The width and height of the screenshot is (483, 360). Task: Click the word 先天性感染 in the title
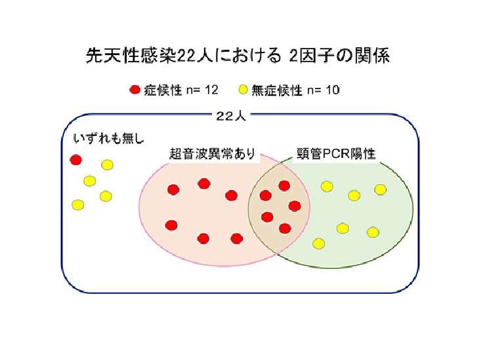click(x=131, y=56)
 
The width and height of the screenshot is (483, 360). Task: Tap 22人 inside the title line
click(x=196, y=56)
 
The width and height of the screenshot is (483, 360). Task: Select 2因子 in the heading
click(x=312, y=56)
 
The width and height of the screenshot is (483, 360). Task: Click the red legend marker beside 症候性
click(x=135, y=90)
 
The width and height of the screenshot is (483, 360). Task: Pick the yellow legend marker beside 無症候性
click(x=243, y=90)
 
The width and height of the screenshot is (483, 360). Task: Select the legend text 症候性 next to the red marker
click(x=163, y=90)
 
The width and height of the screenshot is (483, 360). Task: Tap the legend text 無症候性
click(x=277, y=90)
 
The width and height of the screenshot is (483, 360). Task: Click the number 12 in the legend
click(x=211, y=90)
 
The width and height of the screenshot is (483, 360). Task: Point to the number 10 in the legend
click(x=332, y=90)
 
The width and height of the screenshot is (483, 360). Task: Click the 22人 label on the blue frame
click(x=231, y=115)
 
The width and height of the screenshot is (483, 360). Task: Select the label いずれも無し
click(x=109, y=138)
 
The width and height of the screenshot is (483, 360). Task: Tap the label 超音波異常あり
click(x=212, y=153)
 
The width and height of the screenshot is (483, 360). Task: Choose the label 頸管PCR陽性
click(x=336, y=153)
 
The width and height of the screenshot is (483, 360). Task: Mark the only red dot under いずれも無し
click(x=75, y=160)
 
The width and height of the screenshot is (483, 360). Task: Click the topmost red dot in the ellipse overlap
click(x=284, y=186)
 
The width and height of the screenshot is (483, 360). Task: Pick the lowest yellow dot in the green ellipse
click(x=319, y=244)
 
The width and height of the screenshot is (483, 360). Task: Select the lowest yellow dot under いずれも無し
click(x=77, y=205)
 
